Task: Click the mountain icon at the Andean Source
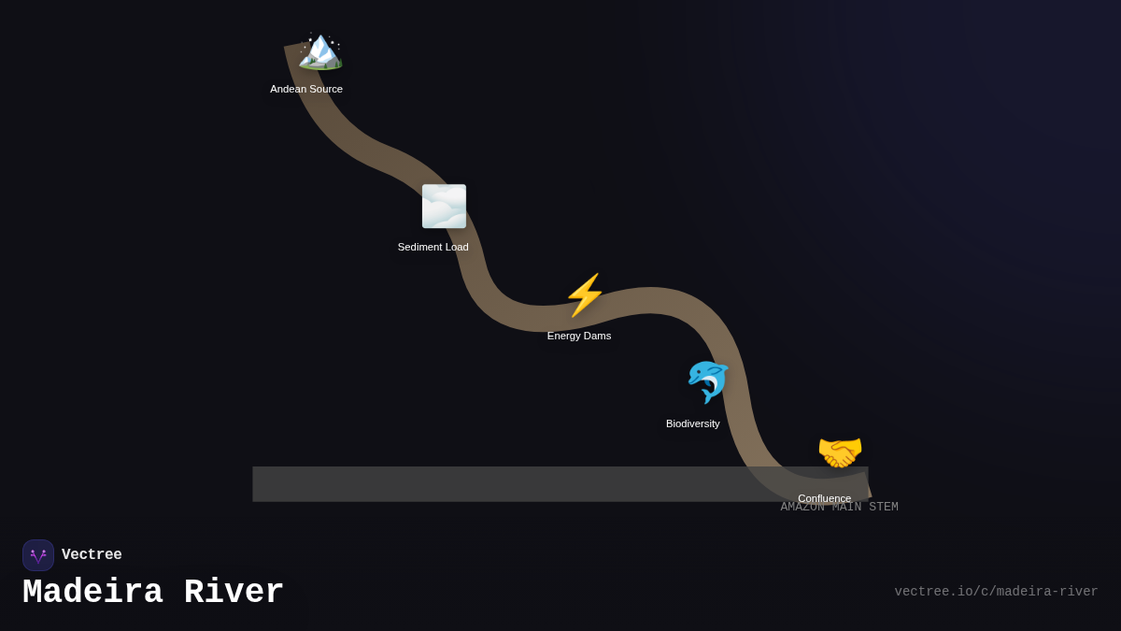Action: pos(320,50)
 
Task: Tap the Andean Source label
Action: pos(306,89)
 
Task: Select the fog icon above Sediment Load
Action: pos(444,206)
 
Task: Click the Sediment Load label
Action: pos(433,247)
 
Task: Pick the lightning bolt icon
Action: pos(585,295)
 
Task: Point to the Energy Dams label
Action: pos(579,336)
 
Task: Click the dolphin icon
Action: pos(707,381)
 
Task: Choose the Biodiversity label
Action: pos(692,423)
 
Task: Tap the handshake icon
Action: pos(840,452)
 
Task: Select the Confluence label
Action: pos(824,497)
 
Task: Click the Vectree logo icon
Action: pos(38,555)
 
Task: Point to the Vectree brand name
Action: pos(92,555)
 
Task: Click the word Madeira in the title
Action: pos(92,593)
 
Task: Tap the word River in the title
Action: pos(234,593)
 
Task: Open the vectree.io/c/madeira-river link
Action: pos(996,592)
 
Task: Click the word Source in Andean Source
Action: pos(325,89)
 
